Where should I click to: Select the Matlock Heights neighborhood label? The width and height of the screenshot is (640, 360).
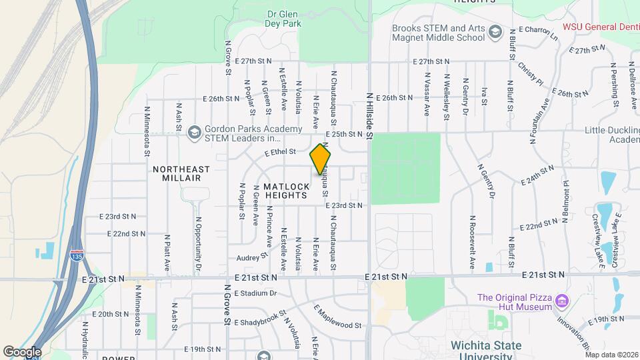[285, 191]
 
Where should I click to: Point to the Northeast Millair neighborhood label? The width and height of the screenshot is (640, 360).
[181, 174]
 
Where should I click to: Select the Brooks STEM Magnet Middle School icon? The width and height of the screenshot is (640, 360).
[495, 32]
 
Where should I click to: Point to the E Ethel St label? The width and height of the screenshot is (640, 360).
[279, 153]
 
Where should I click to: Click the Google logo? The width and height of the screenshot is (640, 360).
[22, 351]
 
